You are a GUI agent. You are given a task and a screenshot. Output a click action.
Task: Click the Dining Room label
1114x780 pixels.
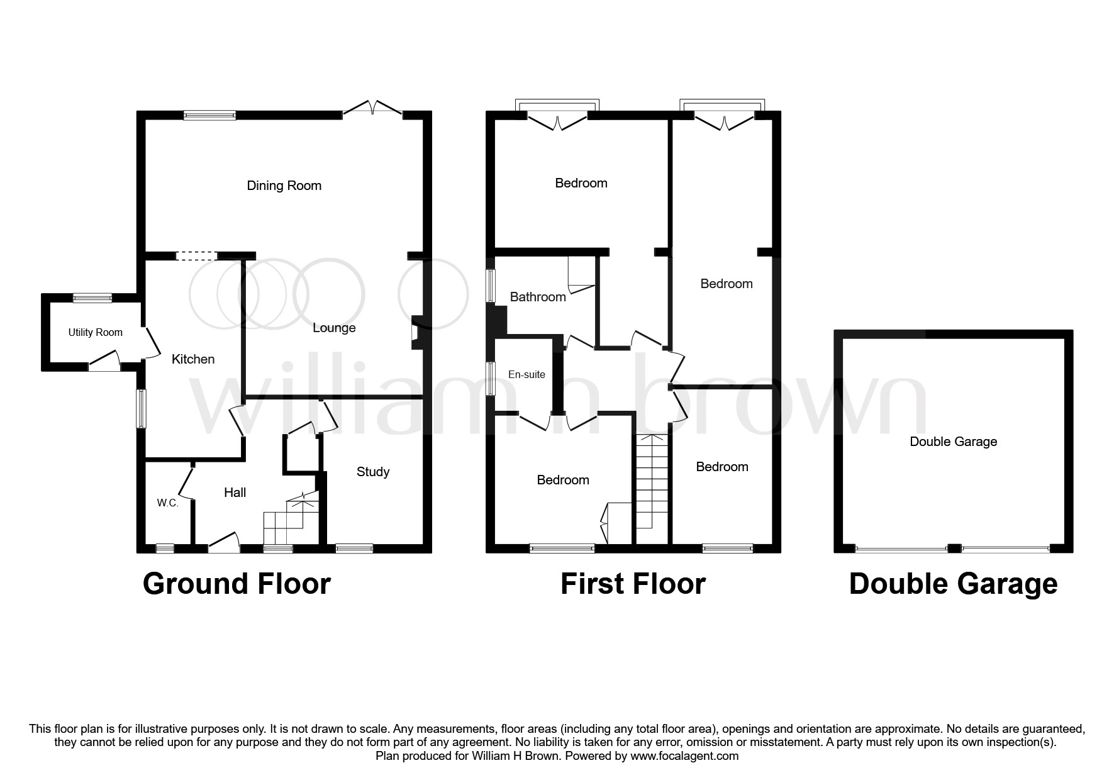(x=284, y=186)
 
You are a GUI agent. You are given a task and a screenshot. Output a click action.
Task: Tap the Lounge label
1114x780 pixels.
(x=334, y=328)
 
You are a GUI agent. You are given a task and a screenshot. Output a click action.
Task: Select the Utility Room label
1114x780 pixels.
(x=95, y=333)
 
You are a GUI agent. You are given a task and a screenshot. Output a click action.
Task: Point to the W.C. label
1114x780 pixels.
(x=167, y=503)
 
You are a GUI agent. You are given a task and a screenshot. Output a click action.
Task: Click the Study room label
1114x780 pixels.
(x=373, y=472)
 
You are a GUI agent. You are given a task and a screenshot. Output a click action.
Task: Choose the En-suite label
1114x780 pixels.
(x=526, y=375)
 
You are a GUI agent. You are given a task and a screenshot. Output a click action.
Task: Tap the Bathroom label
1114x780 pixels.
(x=538, y=297)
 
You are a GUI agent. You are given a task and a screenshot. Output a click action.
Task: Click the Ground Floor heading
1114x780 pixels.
(x=237, y=584)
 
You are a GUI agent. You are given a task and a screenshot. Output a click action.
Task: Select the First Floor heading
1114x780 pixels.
(x=633, y=584)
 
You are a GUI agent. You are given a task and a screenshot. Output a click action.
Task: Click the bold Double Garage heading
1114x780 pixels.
(x=953, y=584)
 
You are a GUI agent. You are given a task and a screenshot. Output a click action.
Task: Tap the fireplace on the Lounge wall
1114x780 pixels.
(x=415, y=333)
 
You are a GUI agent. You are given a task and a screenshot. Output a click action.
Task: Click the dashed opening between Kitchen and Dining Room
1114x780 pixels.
(x=196, y=256)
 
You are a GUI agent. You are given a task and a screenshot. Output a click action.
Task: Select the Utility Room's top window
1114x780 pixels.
(x=92, y=298)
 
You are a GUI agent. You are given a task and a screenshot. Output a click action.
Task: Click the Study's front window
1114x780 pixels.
(x=354, y=549)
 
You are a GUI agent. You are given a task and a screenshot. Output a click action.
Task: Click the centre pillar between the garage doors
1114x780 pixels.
(x=954, y=549)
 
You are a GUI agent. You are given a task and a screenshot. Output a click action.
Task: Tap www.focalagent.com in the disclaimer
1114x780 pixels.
(x=684, y=756)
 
